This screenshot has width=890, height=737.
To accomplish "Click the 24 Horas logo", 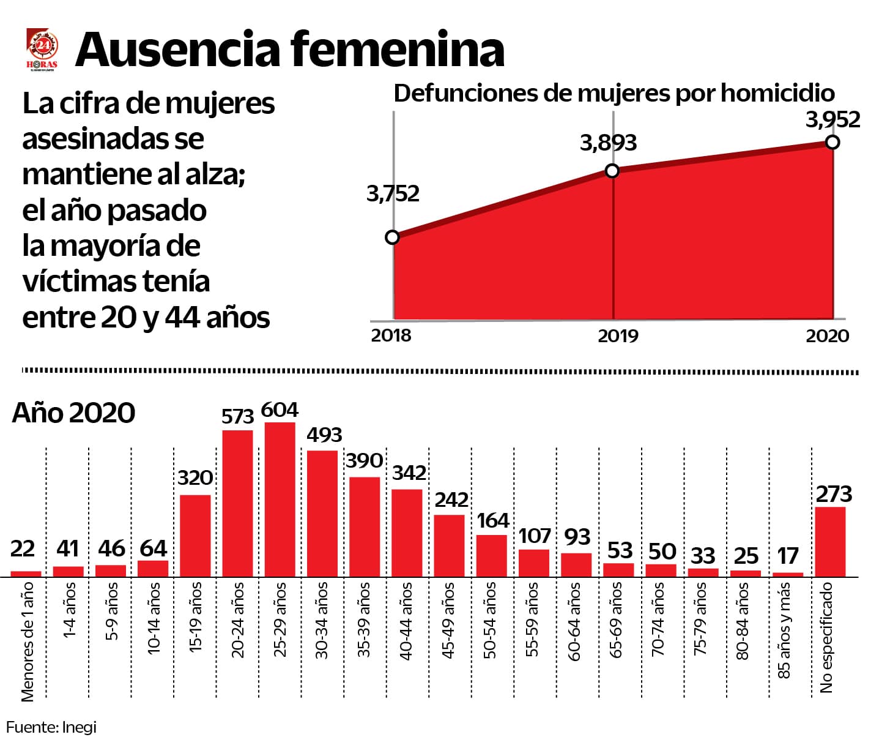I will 43,50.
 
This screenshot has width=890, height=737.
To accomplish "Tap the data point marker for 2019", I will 612,171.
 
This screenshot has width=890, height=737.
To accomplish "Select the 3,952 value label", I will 833,119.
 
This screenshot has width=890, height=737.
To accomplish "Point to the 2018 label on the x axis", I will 391,335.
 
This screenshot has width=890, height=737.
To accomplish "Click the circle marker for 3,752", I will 393,237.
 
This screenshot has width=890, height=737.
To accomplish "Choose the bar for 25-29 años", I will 280,499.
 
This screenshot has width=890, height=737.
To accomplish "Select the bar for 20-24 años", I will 237,503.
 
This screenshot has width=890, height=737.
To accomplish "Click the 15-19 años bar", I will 195,535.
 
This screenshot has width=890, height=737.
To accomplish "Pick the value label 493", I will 324,435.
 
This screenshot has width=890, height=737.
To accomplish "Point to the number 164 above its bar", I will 493,521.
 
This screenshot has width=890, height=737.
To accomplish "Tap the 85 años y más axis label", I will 784,630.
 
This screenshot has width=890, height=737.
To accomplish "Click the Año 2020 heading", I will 73,413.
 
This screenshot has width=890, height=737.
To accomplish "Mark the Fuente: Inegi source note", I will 51,727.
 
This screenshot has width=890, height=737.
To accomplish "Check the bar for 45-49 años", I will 449,545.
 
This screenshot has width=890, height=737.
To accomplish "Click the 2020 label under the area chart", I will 827,335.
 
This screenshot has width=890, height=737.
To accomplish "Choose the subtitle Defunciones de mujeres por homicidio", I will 614,93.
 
